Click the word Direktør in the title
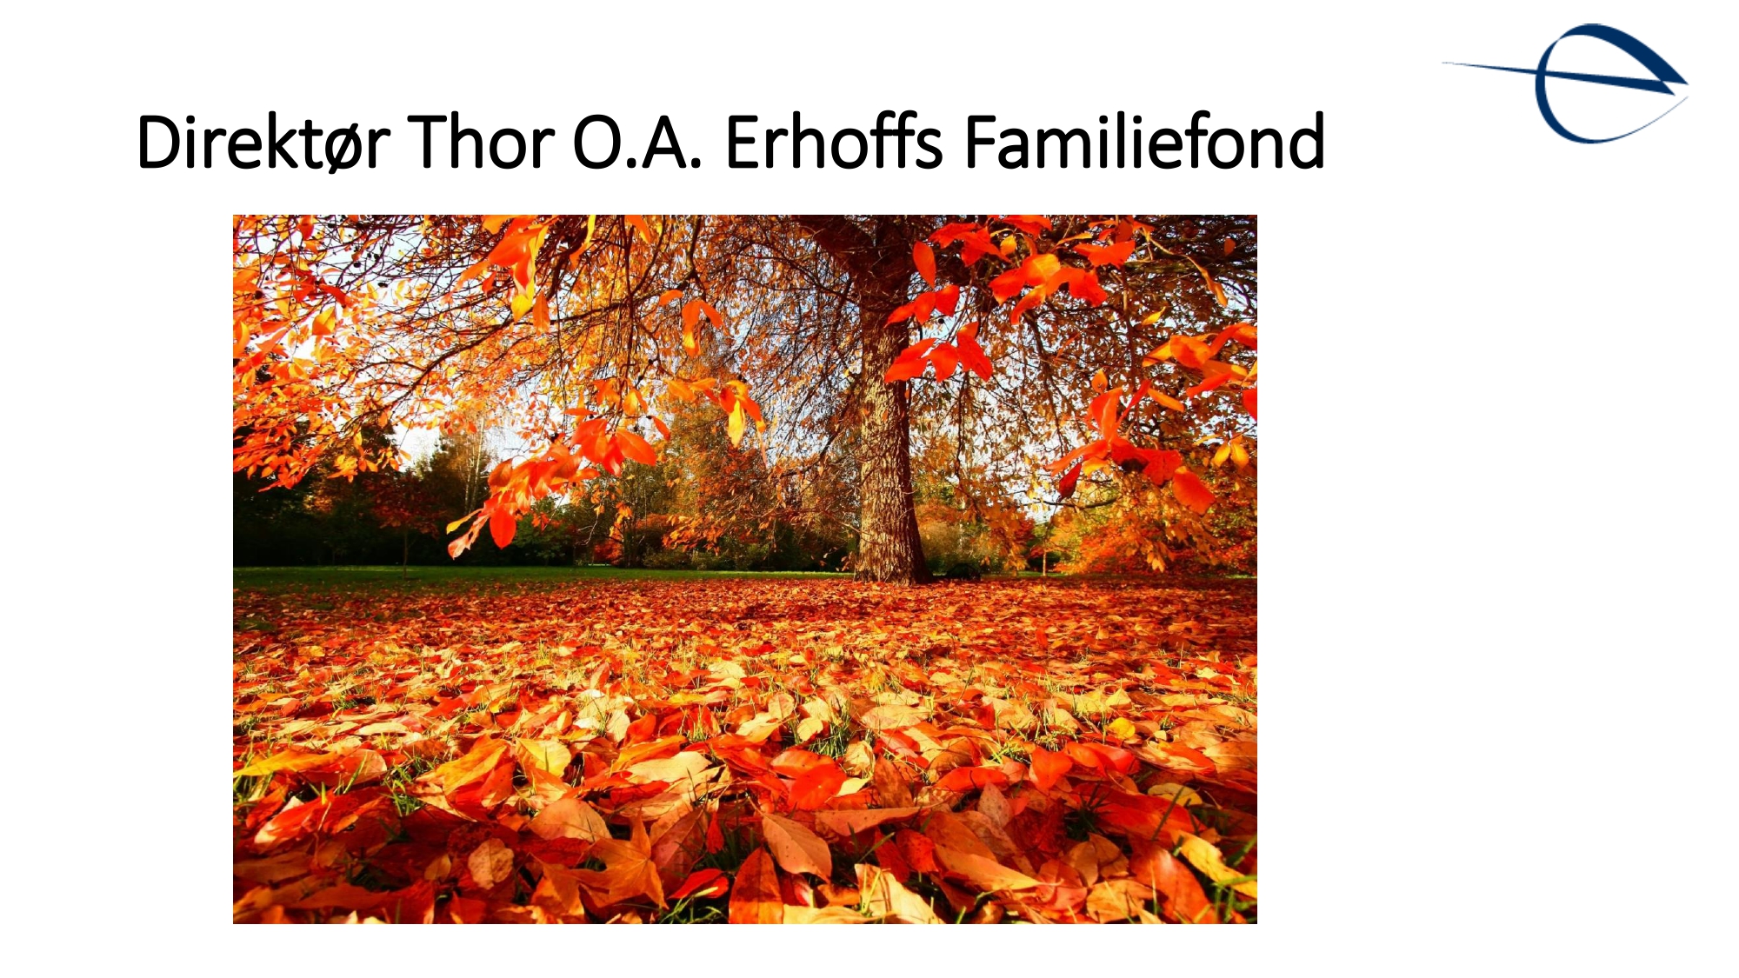263,142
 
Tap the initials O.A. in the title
637,142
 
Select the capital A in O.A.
665,142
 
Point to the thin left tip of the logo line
1444,63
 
